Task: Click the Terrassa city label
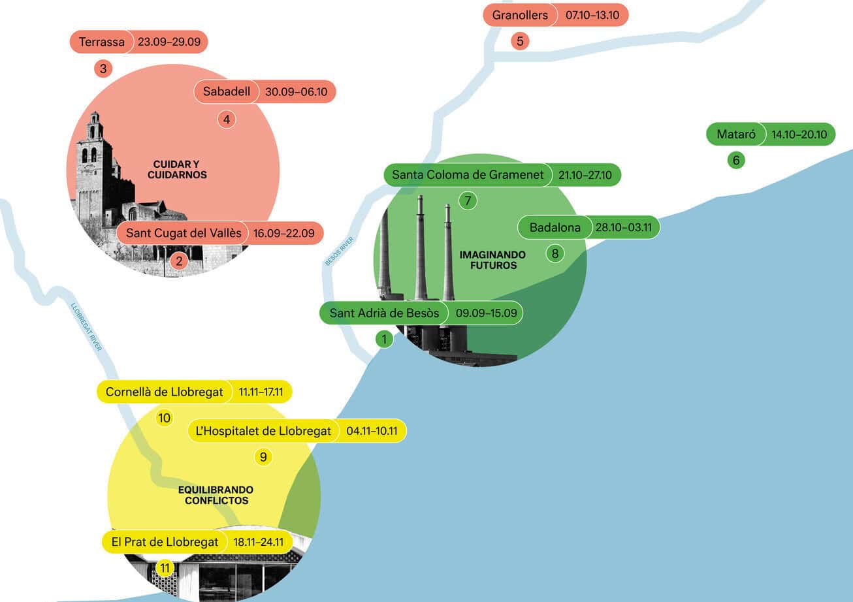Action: [x=101, y=42]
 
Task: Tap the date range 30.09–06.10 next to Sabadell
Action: [x=296, y=91]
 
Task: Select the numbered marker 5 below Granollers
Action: [x=520, y=41]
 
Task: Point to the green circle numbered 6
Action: [x=736, y=160]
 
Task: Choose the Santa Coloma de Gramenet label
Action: [x=468, y=175]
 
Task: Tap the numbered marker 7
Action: [x=468, y=200]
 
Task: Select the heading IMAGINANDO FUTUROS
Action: [x=488, y=260]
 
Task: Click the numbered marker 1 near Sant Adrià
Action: [x=384, y=339]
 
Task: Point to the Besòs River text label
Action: [x=338, y=251]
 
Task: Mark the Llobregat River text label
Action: [x=86, y=327]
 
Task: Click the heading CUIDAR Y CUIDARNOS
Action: [x=177, y=170]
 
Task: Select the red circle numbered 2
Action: [x=178, y=262]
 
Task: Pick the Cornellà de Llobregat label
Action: [x=164, y=392]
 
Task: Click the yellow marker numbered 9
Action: [x=263, y=456]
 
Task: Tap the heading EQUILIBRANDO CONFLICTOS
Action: [x=216, y=495]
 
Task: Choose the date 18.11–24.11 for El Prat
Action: [x=258, y=542]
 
